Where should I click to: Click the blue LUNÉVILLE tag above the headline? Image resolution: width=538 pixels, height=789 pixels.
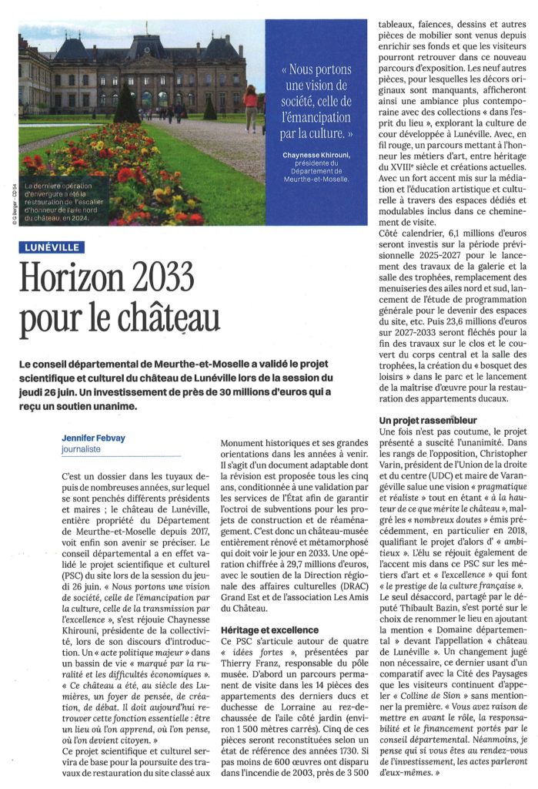50,248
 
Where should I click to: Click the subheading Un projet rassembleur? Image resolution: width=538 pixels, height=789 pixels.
428,420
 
